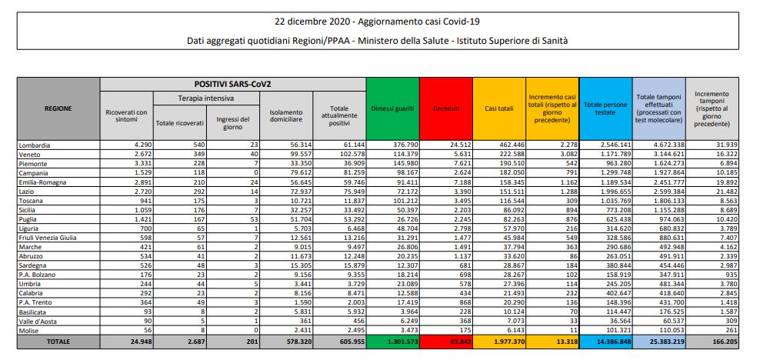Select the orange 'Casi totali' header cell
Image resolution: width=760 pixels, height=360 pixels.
(x=498, y=108)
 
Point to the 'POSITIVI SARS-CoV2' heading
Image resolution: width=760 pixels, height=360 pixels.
(x=232, y=83)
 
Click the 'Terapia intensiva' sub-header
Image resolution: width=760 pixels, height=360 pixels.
(x=205, y=98)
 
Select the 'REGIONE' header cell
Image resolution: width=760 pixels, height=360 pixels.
(x=58, y=108)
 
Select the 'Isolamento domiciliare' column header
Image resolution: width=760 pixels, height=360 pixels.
(x=285, y=116)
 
